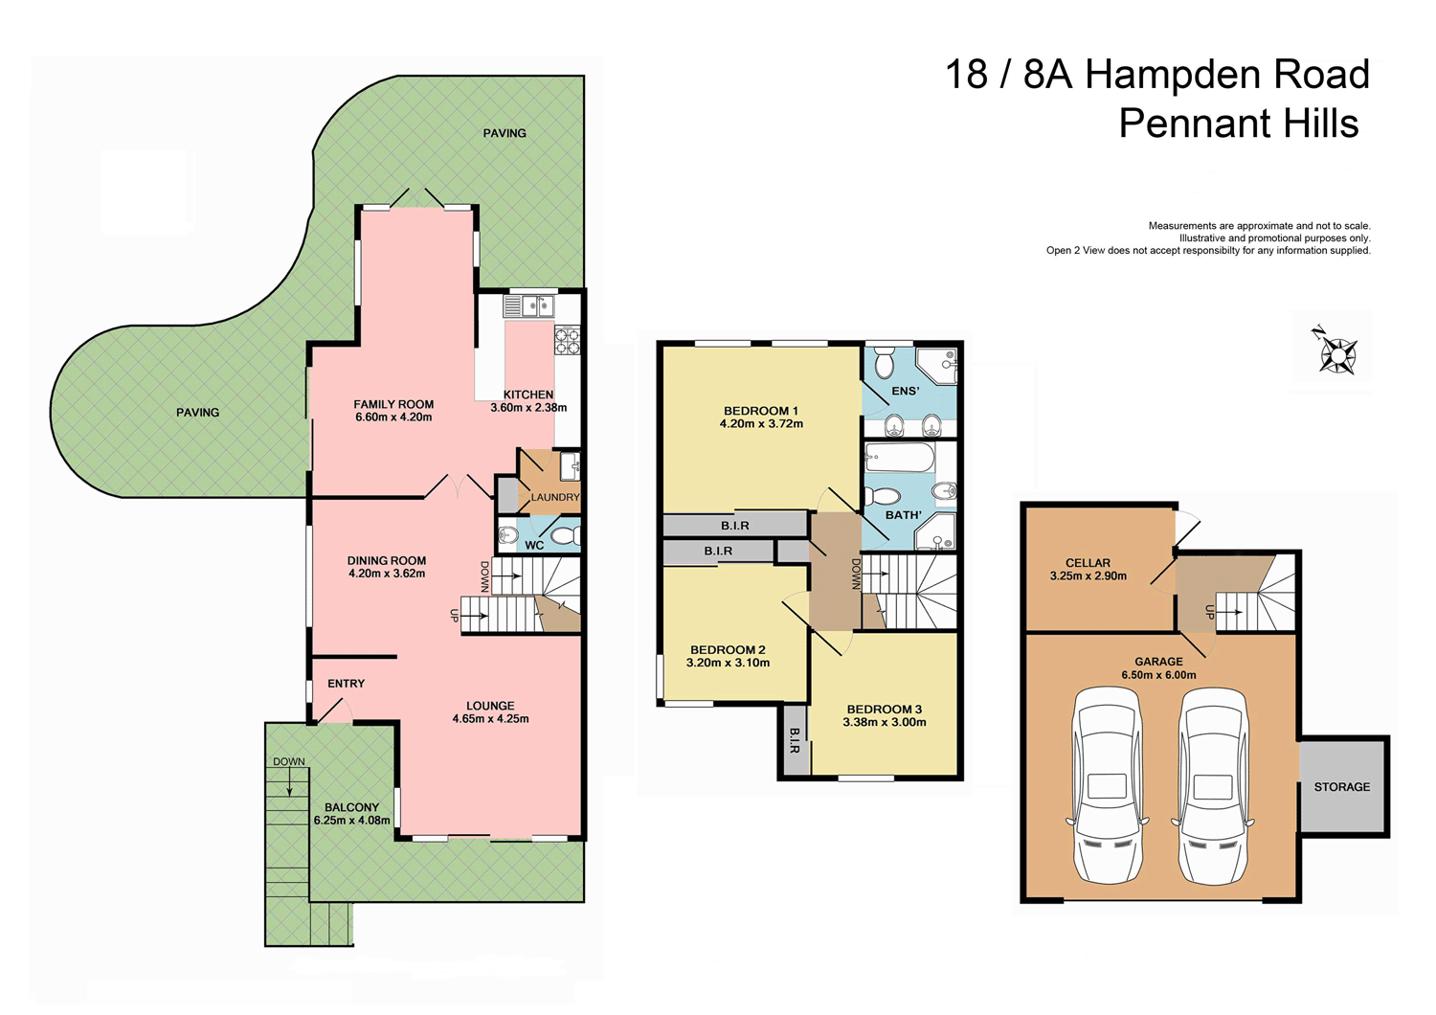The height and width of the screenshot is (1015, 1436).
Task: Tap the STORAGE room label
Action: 1341,787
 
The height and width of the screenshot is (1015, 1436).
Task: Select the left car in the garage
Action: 1107,785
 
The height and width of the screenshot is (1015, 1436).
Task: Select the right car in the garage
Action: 1213,785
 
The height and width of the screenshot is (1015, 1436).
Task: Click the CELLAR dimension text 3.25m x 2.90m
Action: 1088,576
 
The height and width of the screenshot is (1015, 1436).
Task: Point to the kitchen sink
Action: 529,306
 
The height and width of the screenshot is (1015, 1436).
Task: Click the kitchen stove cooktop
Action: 568,341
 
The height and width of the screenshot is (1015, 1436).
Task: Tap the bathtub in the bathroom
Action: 899,458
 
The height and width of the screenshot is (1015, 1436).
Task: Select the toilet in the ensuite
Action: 884,364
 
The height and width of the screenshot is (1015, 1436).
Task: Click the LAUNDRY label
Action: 555,498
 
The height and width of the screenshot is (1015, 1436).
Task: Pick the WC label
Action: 534,546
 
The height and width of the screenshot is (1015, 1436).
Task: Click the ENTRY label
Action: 346,684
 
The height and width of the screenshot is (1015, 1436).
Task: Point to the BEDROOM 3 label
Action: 884,710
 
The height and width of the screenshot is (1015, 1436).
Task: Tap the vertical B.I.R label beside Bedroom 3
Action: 795,740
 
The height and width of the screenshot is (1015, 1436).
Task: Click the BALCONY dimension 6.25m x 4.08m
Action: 351,821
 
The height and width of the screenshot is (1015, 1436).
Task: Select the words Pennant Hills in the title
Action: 1238,124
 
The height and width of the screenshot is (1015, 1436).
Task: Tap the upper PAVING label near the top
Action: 505,133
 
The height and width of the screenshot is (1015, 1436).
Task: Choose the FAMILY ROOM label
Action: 393,404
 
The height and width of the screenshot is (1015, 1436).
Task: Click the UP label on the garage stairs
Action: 1209,612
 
